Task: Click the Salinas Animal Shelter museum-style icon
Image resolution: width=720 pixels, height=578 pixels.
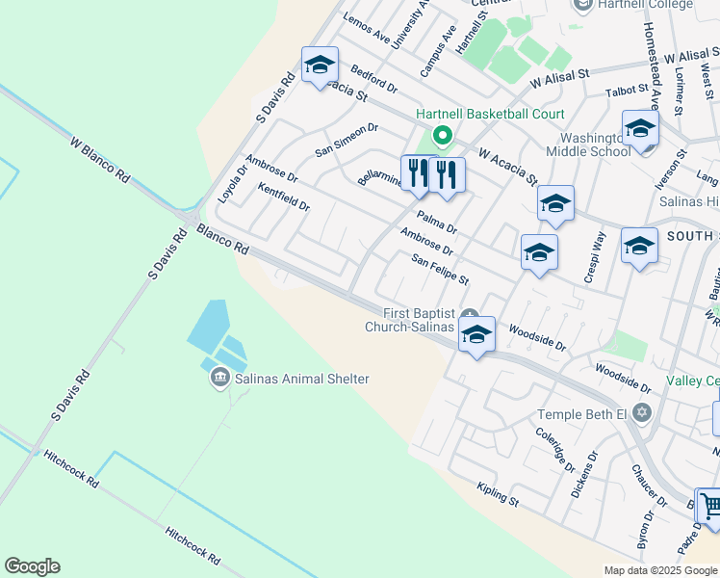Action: click(219, 379)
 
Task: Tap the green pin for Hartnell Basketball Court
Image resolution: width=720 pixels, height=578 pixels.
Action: click(442, 135)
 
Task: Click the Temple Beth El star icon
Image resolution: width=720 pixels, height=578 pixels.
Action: click(642, 413)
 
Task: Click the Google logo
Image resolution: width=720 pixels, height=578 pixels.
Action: click(32, 566)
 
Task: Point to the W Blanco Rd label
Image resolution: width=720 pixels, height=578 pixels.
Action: click(99, 160)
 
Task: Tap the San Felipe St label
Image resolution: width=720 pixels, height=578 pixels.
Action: click(439, 270)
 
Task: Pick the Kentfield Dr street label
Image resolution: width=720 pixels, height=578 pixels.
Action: click(284, 197)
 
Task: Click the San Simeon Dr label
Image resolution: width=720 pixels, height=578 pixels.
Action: click(347, 141)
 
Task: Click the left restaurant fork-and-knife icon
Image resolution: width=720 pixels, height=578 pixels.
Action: click(418, 173)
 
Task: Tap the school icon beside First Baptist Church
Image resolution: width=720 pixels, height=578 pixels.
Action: click(476, 335)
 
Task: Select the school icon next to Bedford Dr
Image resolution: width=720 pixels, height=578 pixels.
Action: click(320, 66)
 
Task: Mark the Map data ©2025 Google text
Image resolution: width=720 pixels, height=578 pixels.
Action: click(659, 570)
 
